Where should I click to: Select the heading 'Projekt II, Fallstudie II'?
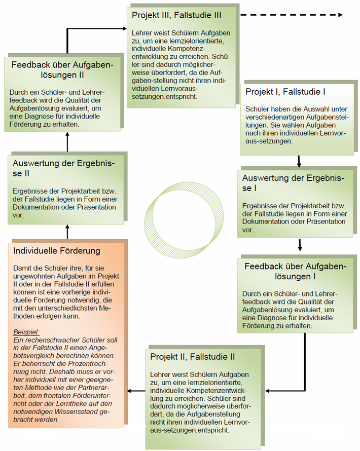(x=193, y=357)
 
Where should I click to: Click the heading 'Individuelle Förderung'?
(x=57, y=251)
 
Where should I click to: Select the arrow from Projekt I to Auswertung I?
(x=299, y=162)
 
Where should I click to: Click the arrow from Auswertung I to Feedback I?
(x=300, y=244)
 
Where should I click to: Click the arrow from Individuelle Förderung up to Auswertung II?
(x=67, y=232)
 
